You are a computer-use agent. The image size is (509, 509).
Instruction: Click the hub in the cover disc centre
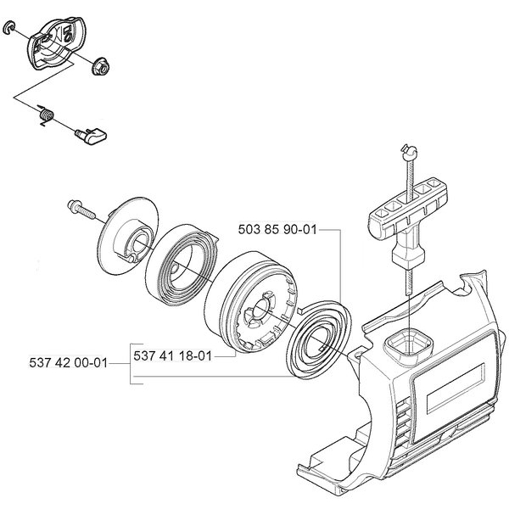click(x=136, y=246)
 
